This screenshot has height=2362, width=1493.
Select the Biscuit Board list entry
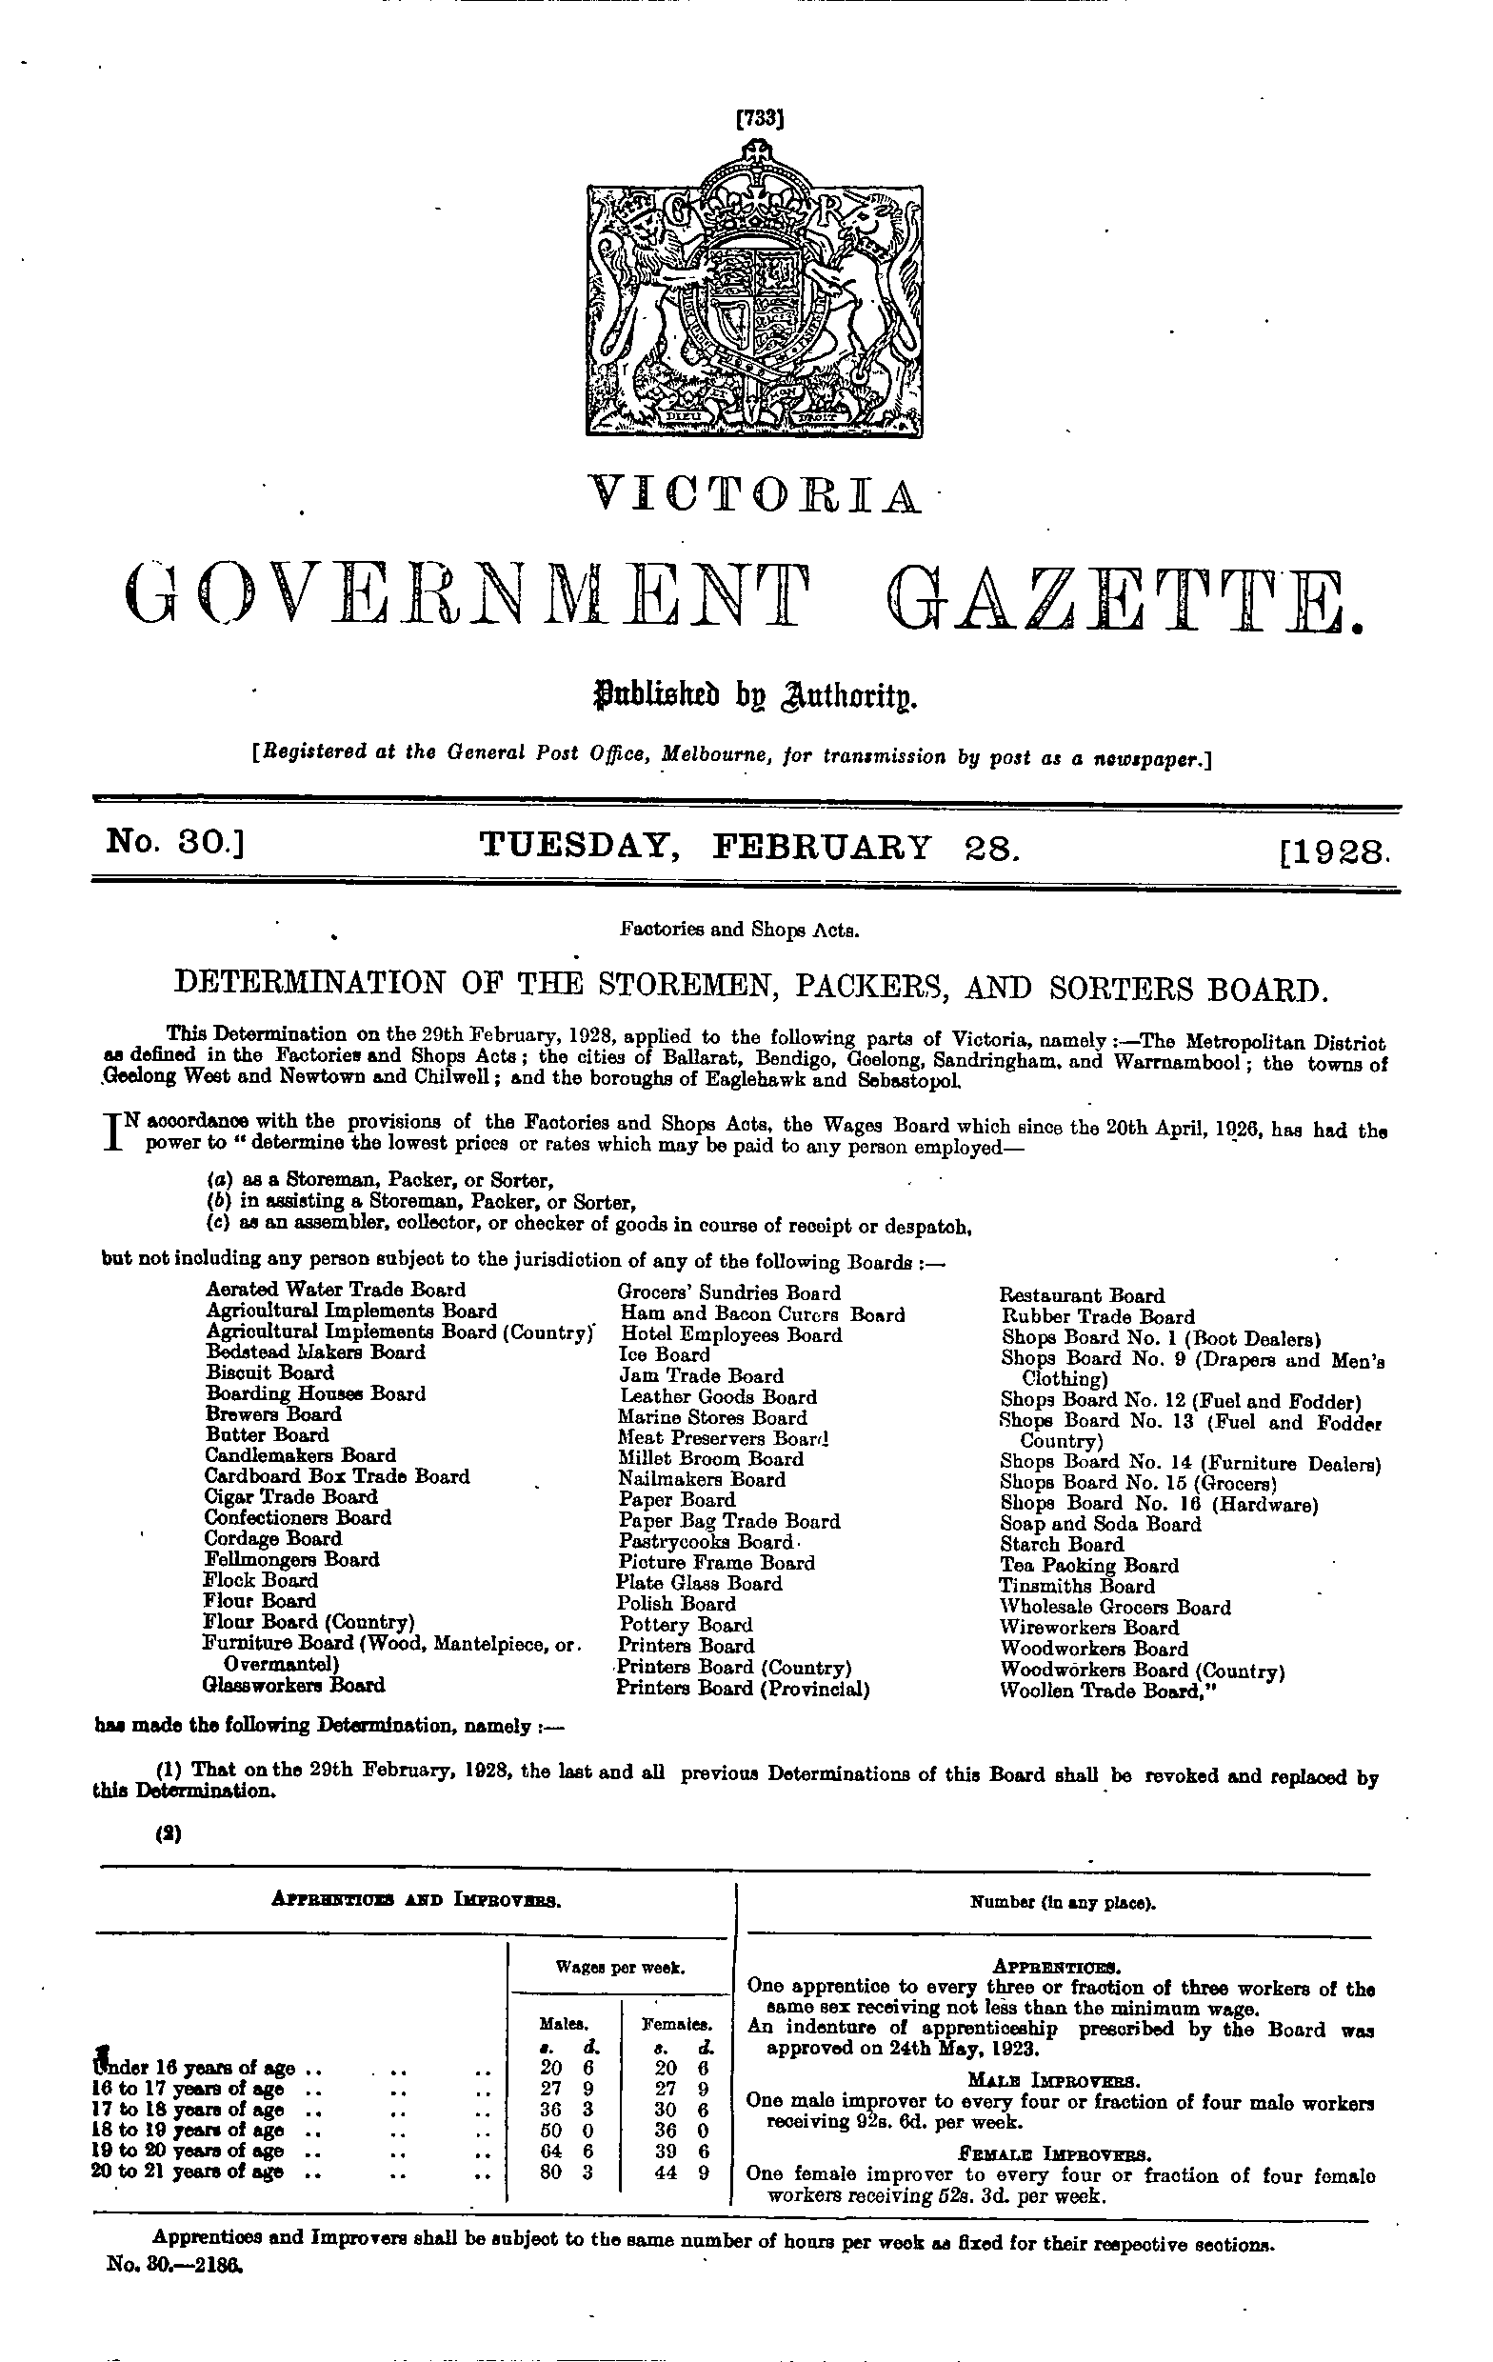click(x=269, y=1372)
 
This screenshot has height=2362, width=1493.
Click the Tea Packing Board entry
click(x=1089, y=1565)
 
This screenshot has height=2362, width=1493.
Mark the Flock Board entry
click(x=261, y=1579)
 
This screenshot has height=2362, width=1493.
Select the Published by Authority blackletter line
click(x=752, y=698)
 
